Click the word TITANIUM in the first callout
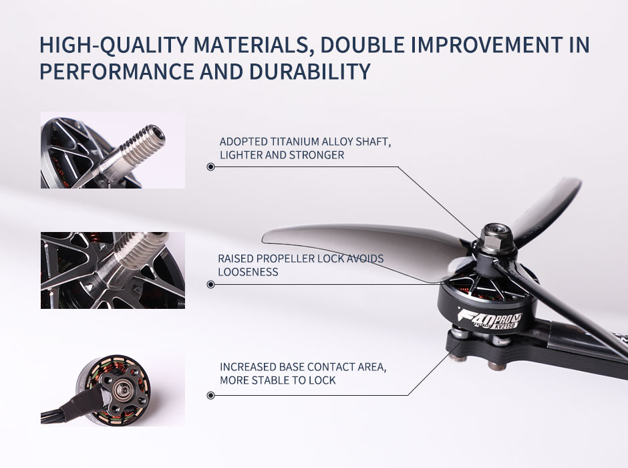(x=295, y=142)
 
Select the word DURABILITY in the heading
(x=309, y=72)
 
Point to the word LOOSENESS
(x=248, y=272)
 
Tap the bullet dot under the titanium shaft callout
(x=210, y=166)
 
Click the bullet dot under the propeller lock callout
(x=210, y=285)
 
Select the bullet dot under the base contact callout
(x=210, y=396)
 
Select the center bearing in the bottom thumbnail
(x=120, y=388)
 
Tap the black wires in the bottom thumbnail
(x=67, y=412)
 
